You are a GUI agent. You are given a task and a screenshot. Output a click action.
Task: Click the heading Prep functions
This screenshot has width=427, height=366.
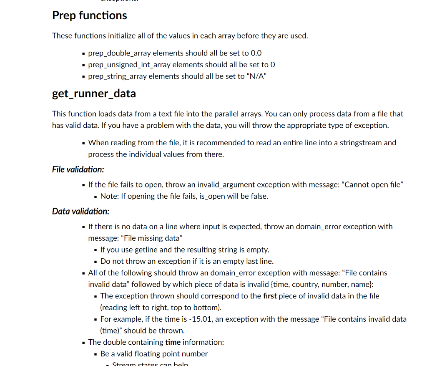[x=89, y=15]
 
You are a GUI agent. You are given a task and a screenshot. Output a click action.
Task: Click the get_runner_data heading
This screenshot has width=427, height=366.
[x=94, y=93]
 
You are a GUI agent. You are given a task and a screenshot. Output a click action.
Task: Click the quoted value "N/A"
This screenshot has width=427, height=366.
[x=256, y=76]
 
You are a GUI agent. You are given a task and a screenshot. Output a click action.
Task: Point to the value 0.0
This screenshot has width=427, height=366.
[x=256, y=53]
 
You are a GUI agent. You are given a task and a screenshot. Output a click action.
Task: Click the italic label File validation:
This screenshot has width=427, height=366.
[x=78, y=169]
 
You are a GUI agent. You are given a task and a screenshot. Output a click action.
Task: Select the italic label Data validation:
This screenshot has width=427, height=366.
[x=80, y=211]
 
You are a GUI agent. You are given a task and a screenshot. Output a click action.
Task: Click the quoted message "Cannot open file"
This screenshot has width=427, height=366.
[x=372, y=184]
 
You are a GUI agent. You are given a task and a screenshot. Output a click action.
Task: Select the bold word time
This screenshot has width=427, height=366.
[x=173, y=342]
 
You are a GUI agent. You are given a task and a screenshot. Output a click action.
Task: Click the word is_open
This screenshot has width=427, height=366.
[x=212, y=196]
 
